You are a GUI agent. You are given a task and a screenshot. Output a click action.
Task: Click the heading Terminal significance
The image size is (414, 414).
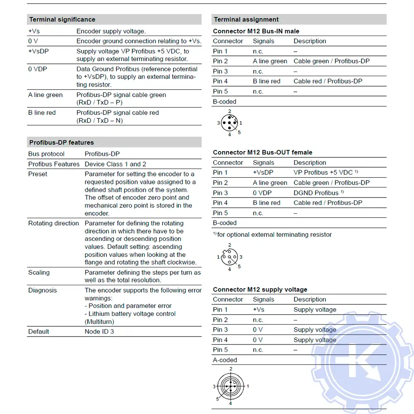[62, 19]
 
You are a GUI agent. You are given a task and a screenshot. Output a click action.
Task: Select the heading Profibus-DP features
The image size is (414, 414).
[61, 142]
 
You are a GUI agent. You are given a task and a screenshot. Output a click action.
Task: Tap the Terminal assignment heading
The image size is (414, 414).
[246, 19]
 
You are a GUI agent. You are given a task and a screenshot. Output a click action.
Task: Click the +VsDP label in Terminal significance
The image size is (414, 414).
[40, 51]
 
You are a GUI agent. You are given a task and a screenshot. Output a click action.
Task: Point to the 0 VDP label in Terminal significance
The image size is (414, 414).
[38, 69]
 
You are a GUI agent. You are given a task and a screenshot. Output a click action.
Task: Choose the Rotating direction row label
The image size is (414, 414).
[53, 223]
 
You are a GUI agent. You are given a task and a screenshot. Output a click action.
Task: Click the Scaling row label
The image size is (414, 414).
[39, 272]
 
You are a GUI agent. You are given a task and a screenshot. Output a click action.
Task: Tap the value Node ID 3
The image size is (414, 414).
[99, 331]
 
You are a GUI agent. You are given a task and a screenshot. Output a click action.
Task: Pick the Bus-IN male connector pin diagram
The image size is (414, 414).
[229, 123]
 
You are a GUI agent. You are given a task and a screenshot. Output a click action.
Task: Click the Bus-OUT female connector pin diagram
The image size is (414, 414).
[229, 257]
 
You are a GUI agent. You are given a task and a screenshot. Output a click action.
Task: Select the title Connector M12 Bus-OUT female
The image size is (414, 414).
[262, 152]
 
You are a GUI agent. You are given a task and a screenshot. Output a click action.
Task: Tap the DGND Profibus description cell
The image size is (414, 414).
[318, 193]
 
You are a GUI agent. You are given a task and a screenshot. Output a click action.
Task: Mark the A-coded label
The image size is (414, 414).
[225, 360]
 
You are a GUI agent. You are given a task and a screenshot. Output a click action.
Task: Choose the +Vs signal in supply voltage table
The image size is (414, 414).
[258, 309]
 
